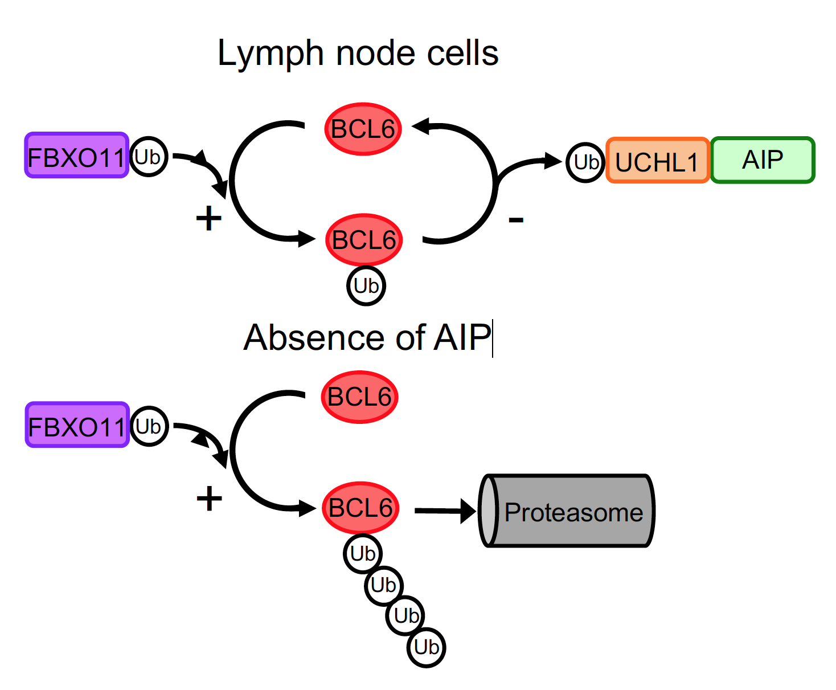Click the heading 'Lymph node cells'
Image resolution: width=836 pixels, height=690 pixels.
click(358, 54)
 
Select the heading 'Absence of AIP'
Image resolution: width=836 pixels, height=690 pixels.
click(367, 337)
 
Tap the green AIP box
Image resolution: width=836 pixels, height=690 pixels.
click(763, 160)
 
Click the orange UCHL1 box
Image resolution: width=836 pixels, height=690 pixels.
click(657, 161)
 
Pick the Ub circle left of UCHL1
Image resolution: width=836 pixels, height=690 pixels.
click(585, 162)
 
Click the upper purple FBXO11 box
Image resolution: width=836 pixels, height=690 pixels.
click(76, 156)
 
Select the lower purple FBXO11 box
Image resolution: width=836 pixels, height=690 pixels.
click(77, 425)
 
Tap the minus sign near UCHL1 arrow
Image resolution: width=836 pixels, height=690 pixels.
click(516, 219)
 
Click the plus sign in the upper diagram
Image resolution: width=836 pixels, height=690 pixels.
click(208, 218)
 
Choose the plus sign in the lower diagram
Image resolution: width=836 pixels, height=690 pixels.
click(209, 499)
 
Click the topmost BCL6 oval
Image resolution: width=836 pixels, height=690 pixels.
click(363, 129)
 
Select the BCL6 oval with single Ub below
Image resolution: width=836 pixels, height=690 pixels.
click(364, 240)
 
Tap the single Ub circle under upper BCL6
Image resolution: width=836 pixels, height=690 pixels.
click(366, 285)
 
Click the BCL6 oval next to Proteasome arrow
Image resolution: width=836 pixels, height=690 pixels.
click(360, 508)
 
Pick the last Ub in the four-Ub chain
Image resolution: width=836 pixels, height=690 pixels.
click(427, 647)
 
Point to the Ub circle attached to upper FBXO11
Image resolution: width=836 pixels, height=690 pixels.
click(149, 157)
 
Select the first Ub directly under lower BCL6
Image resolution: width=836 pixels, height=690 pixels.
click(363, 553)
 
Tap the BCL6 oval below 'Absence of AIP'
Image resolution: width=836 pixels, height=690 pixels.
click(359, 397)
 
